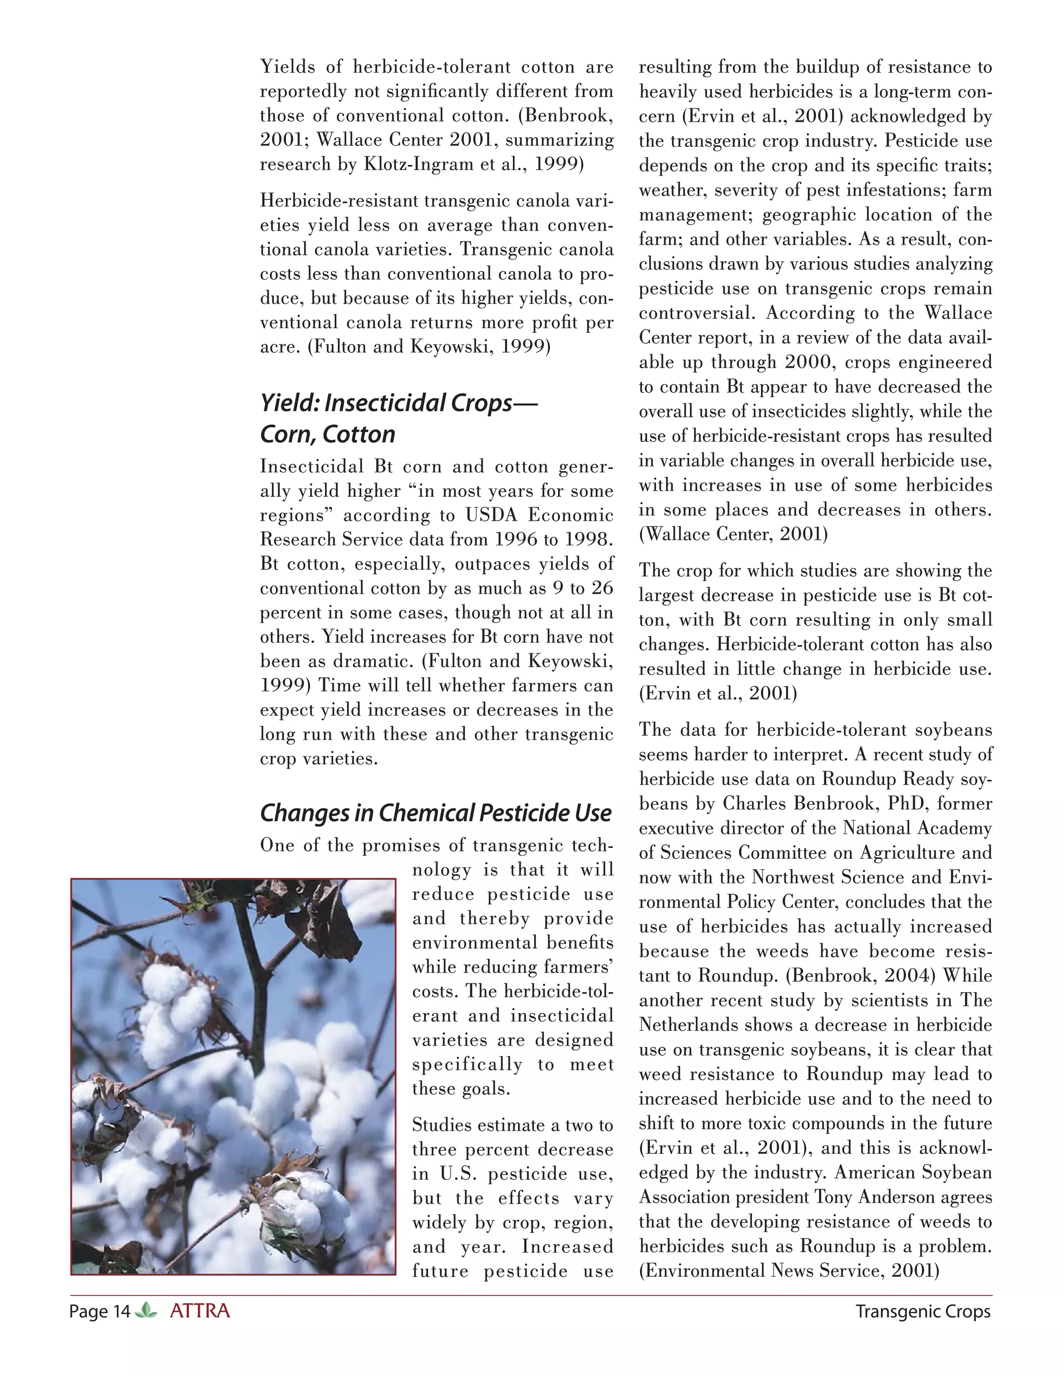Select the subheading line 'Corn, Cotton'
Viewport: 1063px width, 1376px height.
(328, 435)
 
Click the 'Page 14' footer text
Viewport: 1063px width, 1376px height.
(100, 1312)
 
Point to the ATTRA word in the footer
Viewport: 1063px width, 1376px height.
(200, 1311)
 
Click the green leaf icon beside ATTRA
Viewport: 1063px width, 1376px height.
(146, 1311)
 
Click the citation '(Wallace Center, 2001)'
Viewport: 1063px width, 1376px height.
(733, 534)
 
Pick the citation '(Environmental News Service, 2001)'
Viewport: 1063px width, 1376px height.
(789, 1271)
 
